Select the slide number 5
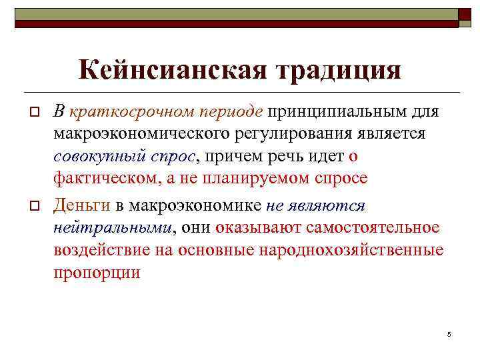coord(449,333)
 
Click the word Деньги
coord(79,205)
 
